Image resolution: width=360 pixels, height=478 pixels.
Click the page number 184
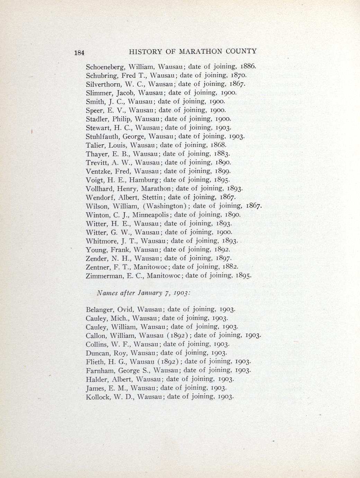[x=79, y=53]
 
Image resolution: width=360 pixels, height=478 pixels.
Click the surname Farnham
[x=99, y=370]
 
